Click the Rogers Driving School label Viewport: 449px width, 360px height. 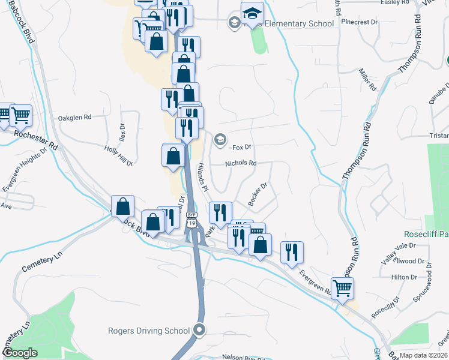tap(149, 331)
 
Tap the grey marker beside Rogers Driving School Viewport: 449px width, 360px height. tap(200, 330)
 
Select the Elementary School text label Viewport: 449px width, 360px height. tap(299, 24)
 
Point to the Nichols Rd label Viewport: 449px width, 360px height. tap(241, 163)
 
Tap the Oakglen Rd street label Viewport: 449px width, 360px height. tap(74, 118)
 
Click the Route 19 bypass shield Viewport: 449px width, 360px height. tap(191, 219)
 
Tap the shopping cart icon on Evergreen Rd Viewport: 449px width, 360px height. tap(342, 288)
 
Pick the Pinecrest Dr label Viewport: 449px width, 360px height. tap(359, 22)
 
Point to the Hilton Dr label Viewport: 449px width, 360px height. tap(404, 277)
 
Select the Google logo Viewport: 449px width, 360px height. tap(20, 353)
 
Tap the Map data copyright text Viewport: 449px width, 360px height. tap(423, 355)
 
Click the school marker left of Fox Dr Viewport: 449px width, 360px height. tap(220, 140)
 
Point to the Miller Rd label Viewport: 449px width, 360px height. tap(367, 79)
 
